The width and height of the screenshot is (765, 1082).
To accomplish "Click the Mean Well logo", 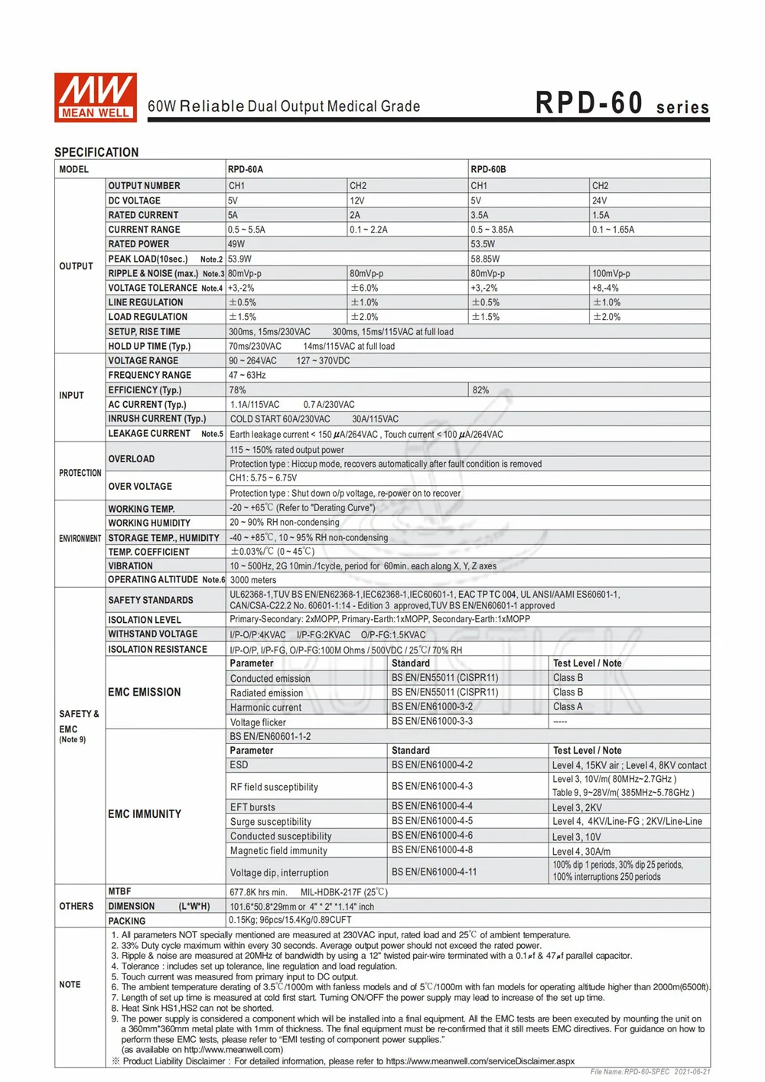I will (x=96, y=97).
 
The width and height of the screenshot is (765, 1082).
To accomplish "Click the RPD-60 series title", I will (x=621, y=104).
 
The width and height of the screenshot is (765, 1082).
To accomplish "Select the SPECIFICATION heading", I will (x=96, y=152).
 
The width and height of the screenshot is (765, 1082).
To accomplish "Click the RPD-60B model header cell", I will (x=488, y=169).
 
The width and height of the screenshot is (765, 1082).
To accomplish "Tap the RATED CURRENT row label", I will (x=143, y=215).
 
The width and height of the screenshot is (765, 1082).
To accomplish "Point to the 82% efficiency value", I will (x=480, y=389).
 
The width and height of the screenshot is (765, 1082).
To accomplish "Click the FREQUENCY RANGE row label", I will (x=150, y=375).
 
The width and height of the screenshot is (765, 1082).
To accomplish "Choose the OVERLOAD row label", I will (x=132, y=459).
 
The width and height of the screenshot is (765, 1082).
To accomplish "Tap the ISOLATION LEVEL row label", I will (x=145, y=620).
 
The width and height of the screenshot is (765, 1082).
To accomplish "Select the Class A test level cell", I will (x=568, y=707).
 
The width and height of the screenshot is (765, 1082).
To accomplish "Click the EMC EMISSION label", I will (x=145, y=692).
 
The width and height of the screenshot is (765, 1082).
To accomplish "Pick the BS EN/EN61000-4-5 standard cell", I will (x=432, y=821).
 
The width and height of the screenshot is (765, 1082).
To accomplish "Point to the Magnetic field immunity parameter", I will (x=278, y=851).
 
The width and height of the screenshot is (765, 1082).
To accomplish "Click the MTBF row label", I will (x=119, y=891).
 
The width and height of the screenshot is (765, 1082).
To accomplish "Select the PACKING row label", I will (x=127, y=921).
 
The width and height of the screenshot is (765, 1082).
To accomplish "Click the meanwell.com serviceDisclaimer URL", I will (x=480, y=1061).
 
